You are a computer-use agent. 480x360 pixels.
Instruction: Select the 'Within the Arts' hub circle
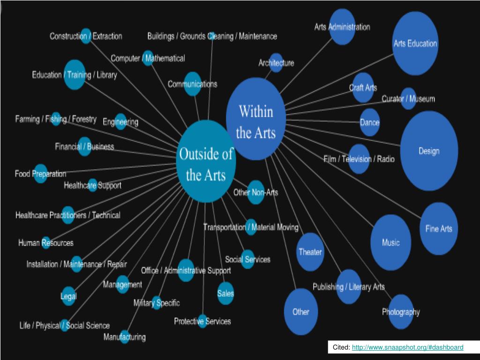[x=255, y=119]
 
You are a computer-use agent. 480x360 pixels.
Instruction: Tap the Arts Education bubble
[x=415, y=44]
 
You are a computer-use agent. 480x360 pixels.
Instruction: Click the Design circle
[x=429, y=151]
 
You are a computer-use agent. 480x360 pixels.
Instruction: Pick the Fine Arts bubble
[x=439, y=229]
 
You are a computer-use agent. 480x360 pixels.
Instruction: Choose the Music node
[x=390, y=242]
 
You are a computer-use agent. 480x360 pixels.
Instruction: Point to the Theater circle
[x=310, y=252]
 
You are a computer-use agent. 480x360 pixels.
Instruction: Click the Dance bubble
[x=369, y=122]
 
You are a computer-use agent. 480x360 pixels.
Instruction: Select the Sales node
[x=225, y=293]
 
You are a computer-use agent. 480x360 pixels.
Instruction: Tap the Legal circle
[x=68, y=296]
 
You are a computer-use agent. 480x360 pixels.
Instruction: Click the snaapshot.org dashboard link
[x=407, y=347]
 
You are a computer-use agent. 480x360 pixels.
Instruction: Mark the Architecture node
[x=276, y=63]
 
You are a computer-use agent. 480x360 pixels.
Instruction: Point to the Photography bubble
[x=401, y=312]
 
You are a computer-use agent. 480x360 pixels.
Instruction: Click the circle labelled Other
[x=301, y=312]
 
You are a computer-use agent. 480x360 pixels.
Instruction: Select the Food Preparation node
[x=40, y=173]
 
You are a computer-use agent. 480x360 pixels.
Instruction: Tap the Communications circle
[x=192, y=84]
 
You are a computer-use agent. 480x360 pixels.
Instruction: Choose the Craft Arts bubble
[x=363, y=88]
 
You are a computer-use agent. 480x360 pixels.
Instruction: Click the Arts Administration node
[x=342, y=27]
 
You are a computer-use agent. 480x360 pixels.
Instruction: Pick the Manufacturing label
[x=125, y=337]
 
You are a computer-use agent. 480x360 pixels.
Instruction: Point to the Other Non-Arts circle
[x=255, y=192]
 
